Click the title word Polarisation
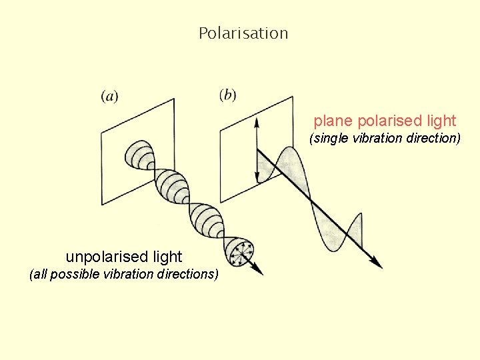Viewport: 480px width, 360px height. click(x=243, y=33)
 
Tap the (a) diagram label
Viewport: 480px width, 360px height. click(x=110, y=97)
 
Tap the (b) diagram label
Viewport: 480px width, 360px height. click(x=227, y=95)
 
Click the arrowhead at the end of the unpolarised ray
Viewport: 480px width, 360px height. click(x=259, y=270)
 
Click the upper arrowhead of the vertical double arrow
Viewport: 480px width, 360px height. click(x=256, y=121)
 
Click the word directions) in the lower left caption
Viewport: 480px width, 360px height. click(x=189, y=274)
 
